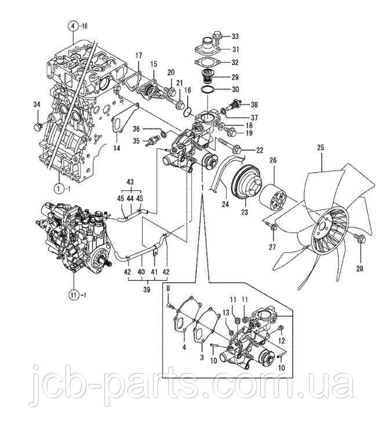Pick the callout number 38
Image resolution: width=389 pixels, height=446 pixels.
tap(255, 105)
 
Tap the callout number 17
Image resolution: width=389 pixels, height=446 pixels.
tap(139, 55)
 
